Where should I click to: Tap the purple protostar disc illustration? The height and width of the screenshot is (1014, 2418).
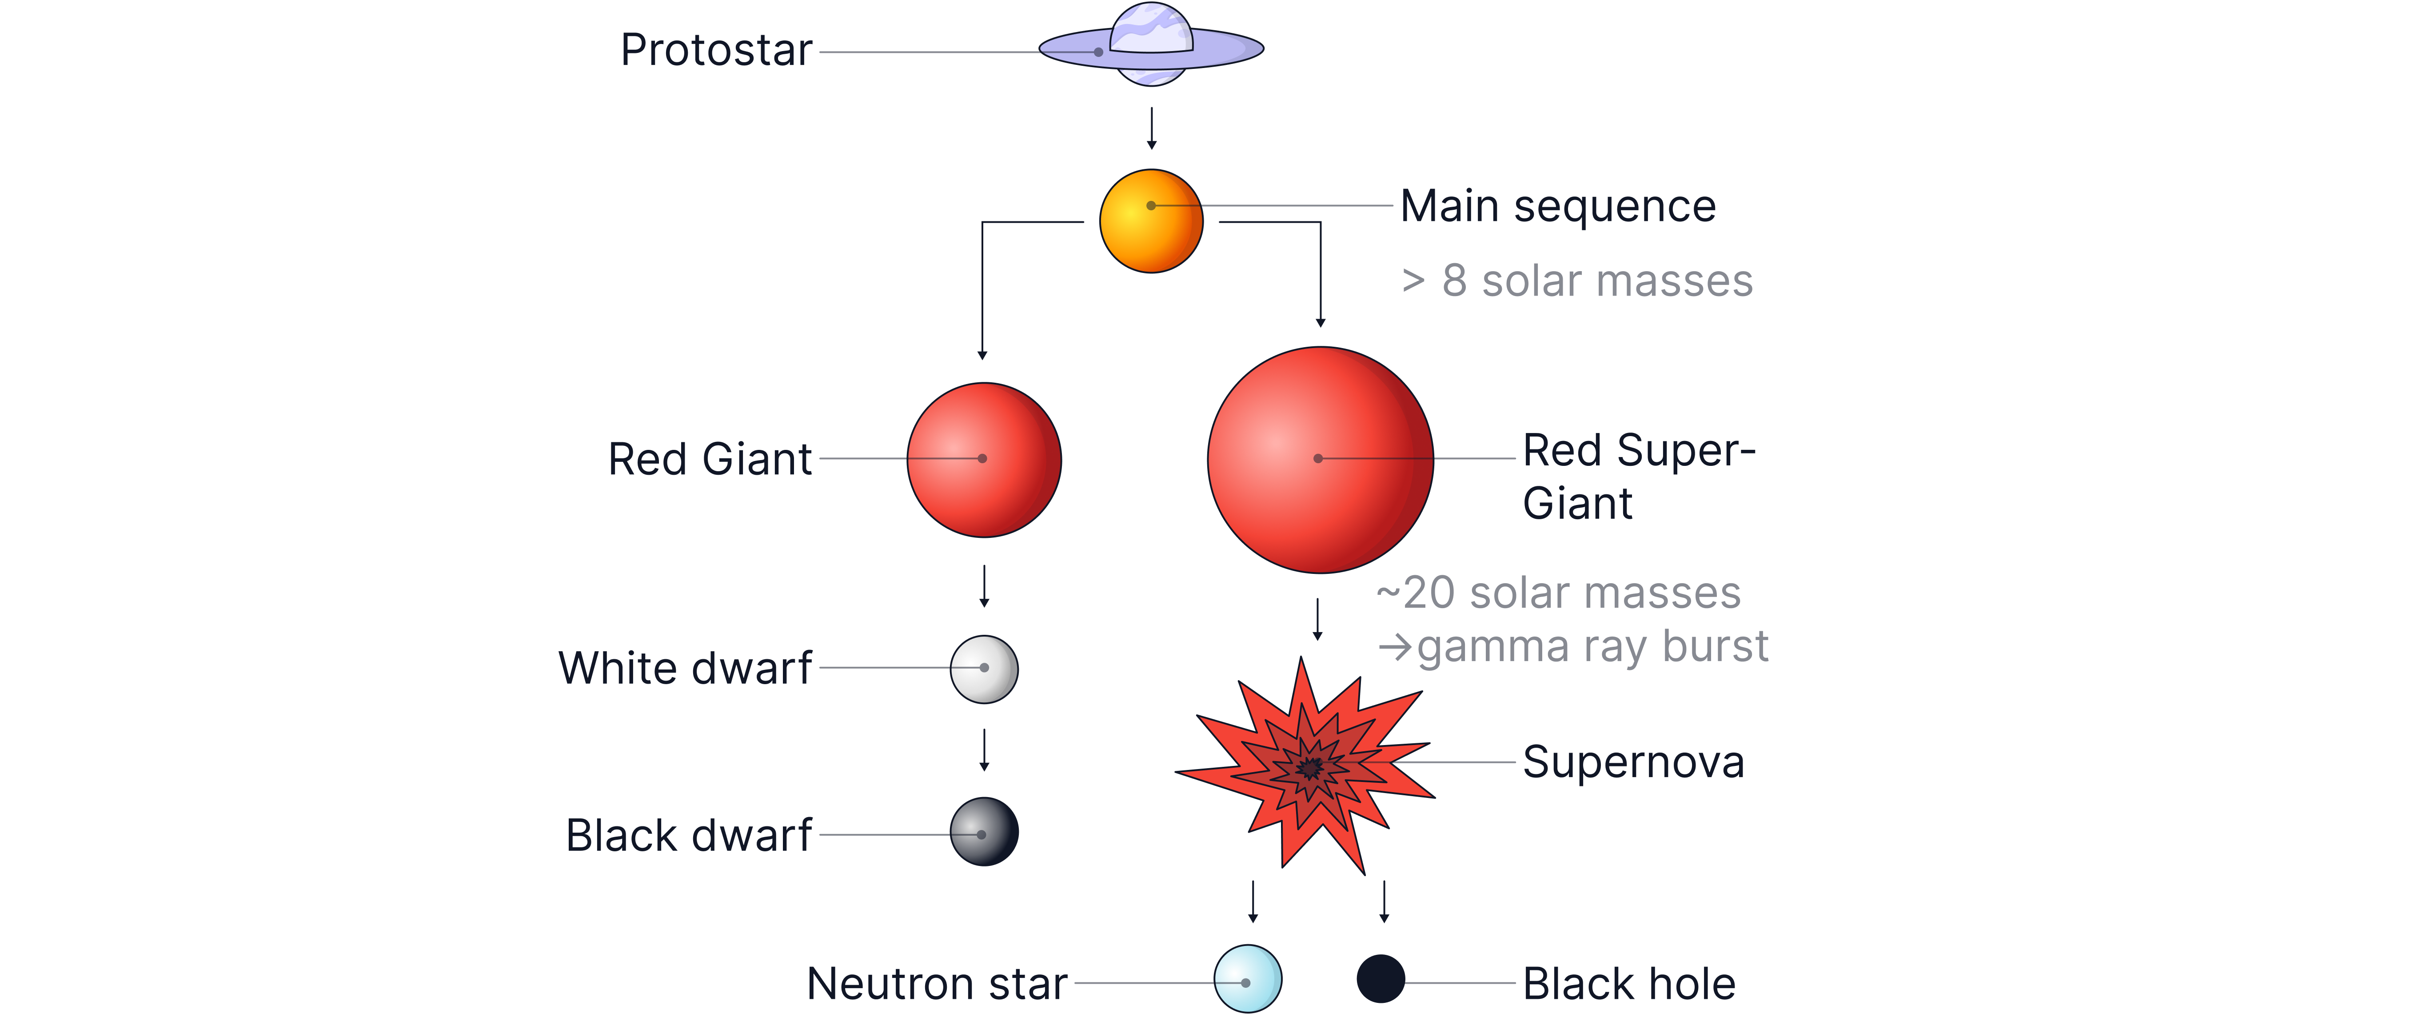click(1151, 47)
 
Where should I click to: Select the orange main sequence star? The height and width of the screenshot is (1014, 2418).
click(1151, 221)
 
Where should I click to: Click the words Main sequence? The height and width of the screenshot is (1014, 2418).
click(1558, 207)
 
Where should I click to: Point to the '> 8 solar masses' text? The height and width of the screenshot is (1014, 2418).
click(1577, 281)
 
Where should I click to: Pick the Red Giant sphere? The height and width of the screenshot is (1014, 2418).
click(984, 460)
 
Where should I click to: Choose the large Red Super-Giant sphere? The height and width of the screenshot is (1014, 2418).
click(1320, 460)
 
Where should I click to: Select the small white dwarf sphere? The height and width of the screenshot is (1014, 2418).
click(984, 669)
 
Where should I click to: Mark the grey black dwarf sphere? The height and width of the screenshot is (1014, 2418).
click(984, 832)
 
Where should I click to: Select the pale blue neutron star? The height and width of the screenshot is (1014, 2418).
click(1248, 978)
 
